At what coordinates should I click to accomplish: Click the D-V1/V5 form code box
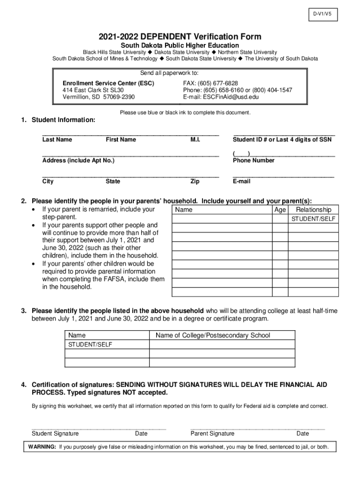(x=322, y=15)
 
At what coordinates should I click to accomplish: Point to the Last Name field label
(x=57, y=139)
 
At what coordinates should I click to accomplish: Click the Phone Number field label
(x=253, y=160)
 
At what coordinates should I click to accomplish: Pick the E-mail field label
(x=241, y=181)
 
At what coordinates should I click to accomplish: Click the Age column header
(x=280, y=210)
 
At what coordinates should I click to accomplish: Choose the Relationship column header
(x=313, y=210)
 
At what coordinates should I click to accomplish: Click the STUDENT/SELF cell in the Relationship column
(x=313, y=219)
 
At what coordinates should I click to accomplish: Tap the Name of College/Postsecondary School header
(x=213, y=335)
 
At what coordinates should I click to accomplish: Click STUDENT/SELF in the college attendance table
(x=90, y=344)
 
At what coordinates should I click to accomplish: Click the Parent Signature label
(x=212, y=434)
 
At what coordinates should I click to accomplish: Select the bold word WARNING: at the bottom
(x=42, y=447)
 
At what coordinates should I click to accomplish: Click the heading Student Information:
(x=63, y=120)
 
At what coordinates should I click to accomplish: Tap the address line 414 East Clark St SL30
(x=93, y=90)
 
